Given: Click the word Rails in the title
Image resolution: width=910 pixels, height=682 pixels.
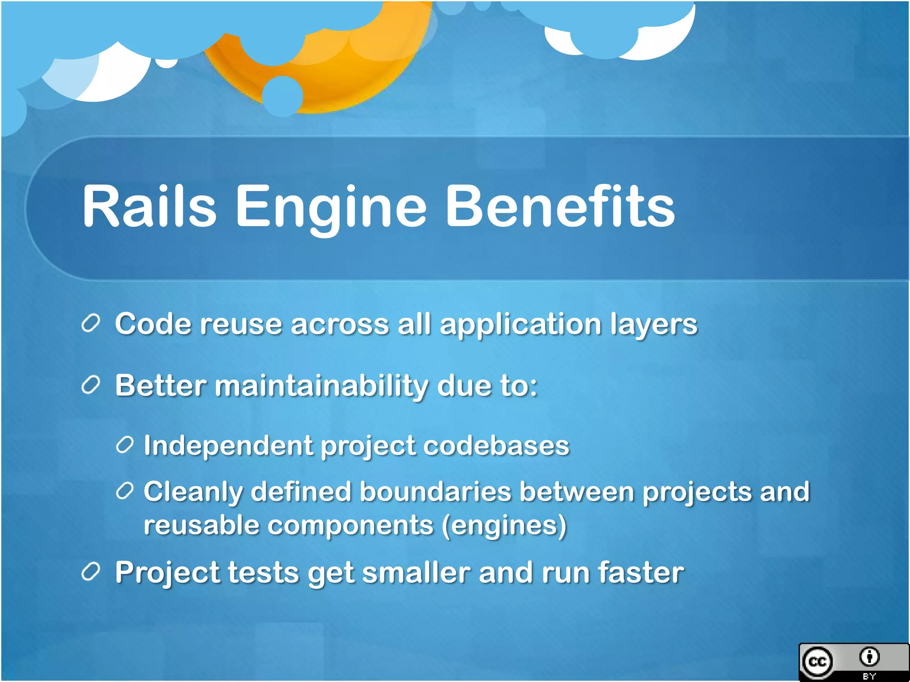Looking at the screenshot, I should coord(149,206).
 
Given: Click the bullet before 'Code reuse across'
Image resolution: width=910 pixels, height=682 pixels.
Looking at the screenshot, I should coord(91,323).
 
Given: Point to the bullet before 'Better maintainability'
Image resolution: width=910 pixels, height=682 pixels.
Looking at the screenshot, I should coord(91,385).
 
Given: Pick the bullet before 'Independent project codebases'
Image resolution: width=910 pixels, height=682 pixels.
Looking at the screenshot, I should coord(124,445).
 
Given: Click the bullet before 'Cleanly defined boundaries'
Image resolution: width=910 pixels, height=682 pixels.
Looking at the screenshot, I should coord(124,491).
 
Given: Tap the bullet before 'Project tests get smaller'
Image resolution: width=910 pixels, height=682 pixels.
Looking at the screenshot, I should coord(91,572).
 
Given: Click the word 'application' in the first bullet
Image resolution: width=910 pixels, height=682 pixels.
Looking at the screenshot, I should coord(520,325).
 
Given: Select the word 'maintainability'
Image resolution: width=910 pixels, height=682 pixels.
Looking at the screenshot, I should coord(321,385).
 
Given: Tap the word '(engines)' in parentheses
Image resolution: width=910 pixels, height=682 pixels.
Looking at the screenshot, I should coord(504,526).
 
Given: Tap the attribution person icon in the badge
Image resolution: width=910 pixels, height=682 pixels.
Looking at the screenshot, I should coord(869,657).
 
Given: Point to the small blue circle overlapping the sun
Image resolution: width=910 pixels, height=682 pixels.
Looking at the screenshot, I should coord(283,96).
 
